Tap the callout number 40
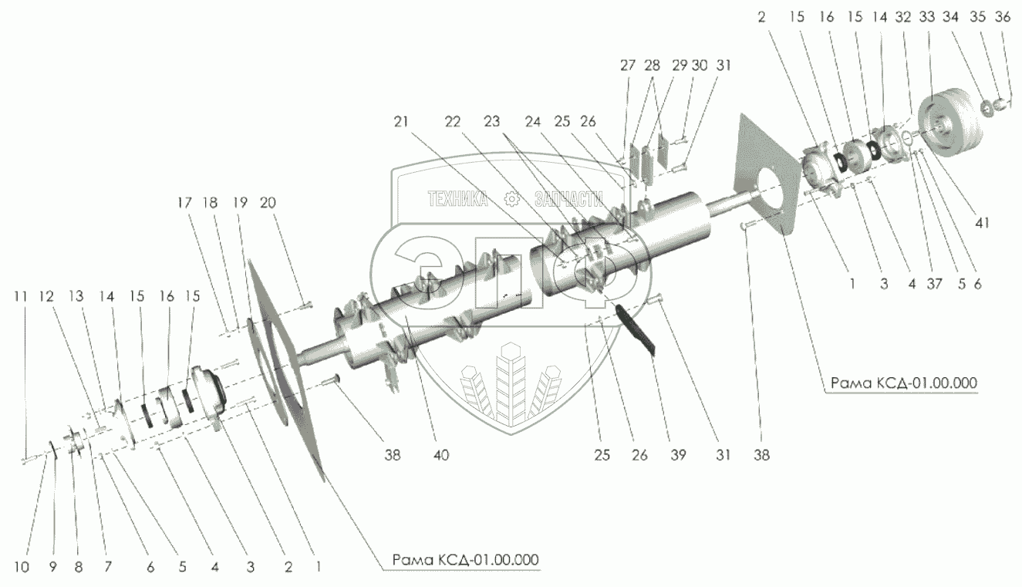440,455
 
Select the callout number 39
678,455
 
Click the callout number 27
627,66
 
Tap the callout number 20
268,203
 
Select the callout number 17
183,203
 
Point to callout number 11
21,295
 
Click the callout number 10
21,568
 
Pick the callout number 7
107,568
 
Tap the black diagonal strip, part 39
636,328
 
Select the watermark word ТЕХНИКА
458,200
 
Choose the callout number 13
76,295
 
